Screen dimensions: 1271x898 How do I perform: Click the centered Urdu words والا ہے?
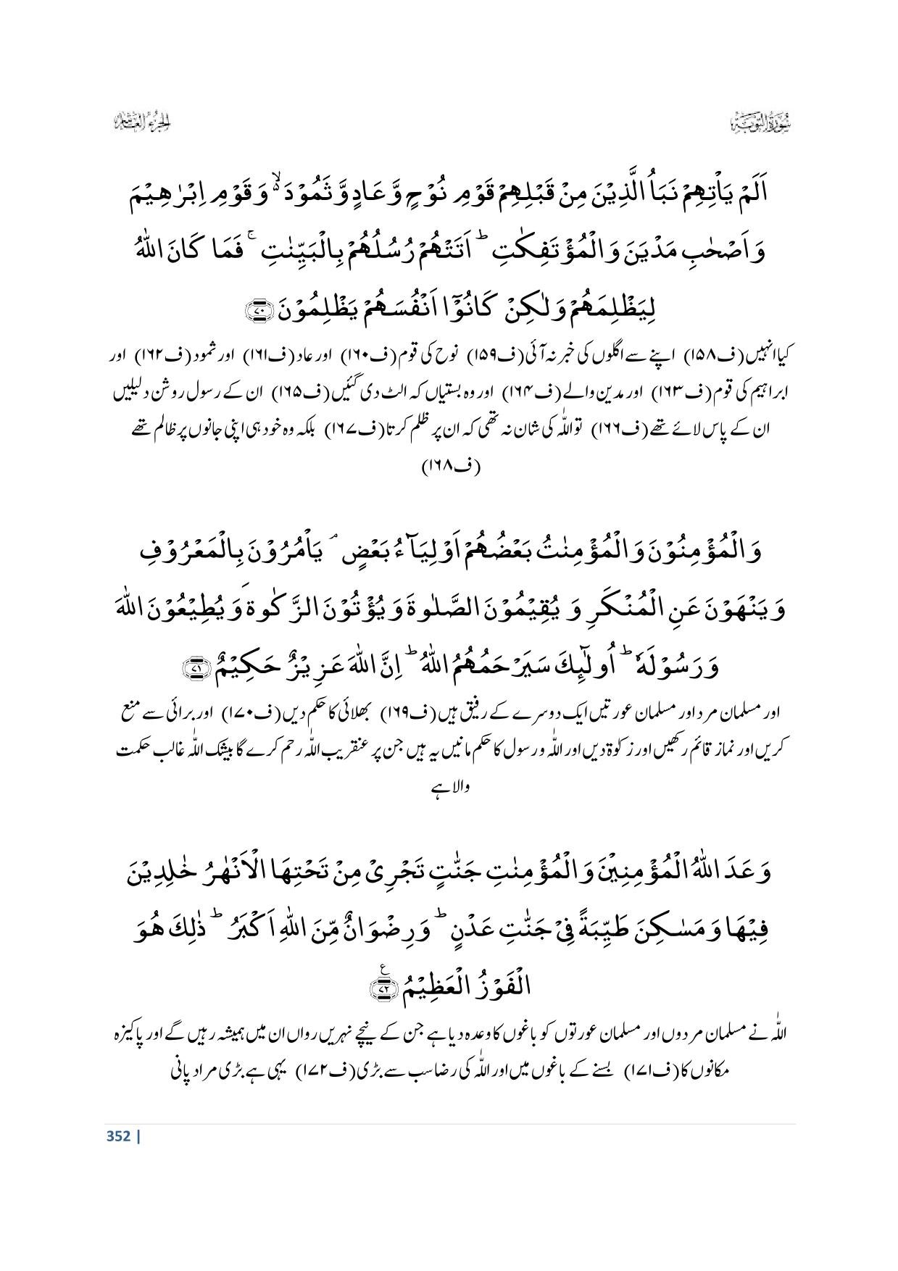(x=449, y=786)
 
